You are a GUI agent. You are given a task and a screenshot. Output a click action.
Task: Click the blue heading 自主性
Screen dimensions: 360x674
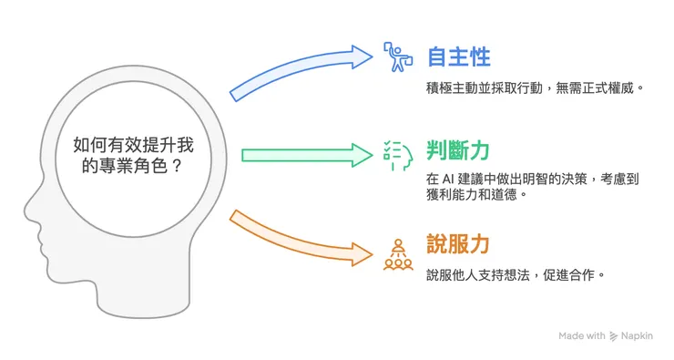pos(458,57)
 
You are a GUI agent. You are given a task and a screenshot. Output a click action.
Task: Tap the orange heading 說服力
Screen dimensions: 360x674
pos(458,243)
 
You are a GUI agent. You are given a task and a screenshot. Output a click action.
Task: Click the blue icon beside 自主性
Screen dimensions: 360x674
pos(394,57)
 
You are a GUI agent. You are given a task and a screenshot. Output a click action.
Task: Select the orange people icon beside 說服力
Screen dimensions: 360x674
pos(395,254)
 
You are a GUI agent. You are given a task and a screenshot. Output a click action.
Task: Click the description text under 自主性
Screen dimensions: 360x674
pos(528,91)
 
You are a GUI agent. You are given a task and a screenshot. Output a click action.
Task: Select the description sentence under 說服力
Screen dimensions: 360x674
pos(515,274)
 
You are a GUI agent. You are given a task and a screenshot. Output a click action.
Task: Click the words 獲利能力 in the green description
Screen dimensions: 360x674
pos(458,194)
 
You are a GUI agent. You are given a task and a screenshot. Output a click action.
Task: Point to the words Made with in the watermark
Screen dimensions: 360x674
pos(582,336)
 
